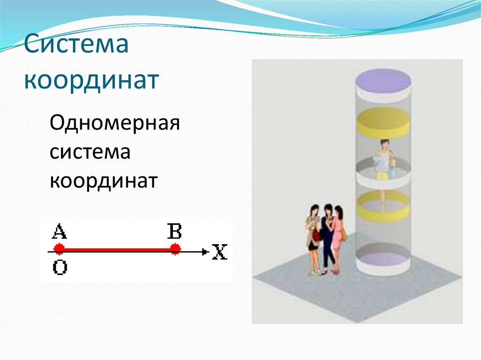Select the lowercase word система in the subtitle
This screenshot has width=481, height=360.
[x=90, y=153]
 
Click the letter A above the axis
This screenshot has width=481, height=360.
[x=59, y=231]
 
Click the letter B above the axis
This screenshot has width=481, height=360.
[x=174, y=231]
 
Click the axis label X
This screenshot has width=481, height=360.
[x=219, y=253]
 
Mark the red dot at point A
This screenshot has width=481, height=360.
[x=59, y=249]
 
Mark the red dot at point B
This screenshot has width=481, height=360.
[x=175, y=249]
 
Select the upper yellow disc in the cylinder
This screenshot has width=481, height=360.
[x=383, y=122]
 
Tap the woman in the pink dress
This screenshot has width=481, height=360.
[x=338, y=237]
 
